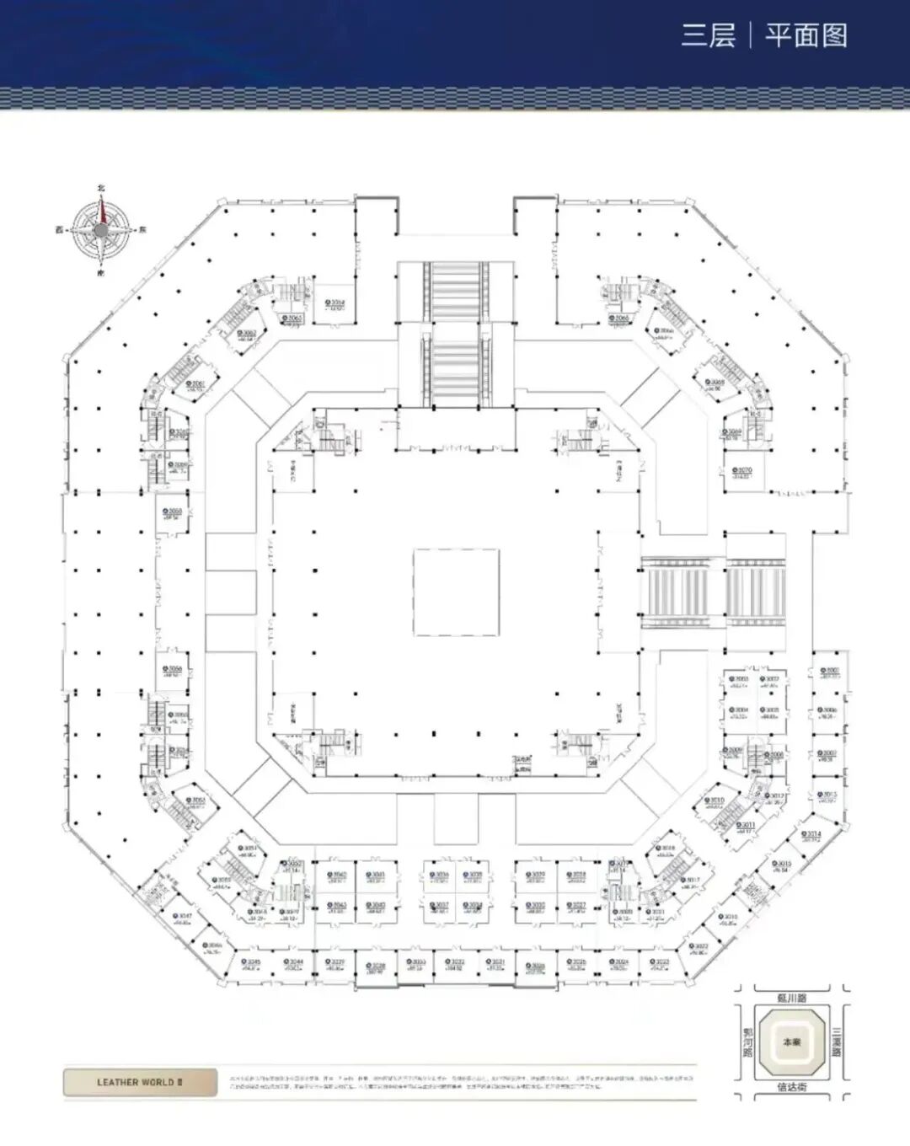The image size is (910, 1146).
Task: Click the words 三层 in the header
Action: [708, 35]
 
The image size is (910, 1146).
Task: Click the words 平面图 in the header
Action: [806, 35]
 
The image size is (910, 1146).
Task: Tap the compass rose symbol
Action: [101, 229]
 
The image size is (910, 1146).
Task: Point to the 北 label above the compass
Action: [101, 189]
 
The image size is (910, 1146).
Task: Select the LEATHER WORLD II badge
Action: [140, 1082]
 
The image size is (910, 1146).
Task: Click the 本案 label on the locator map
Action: [791, 1042]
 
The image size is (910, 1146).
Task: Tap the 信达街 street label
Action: [791, 1087]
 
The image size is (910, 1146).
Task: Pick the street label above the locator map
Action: [791, 998]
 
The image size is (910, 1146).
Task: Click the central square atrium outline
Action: [455, 592]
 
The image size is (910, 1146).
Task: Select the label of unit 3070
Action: [742, 472]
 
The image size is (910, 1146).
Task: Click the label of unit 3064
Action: [336, 303]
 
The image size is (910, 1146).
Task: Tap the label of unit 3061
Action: [196, 385]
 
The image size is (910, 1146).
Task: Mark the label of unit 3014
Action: [812, 834]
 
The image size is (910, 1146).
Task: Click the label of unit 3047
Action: [184, 917]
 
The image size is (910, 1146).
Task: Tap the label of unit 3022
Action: [699, 947]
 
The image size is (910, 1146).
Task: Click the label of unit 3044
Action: [293, 962]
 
